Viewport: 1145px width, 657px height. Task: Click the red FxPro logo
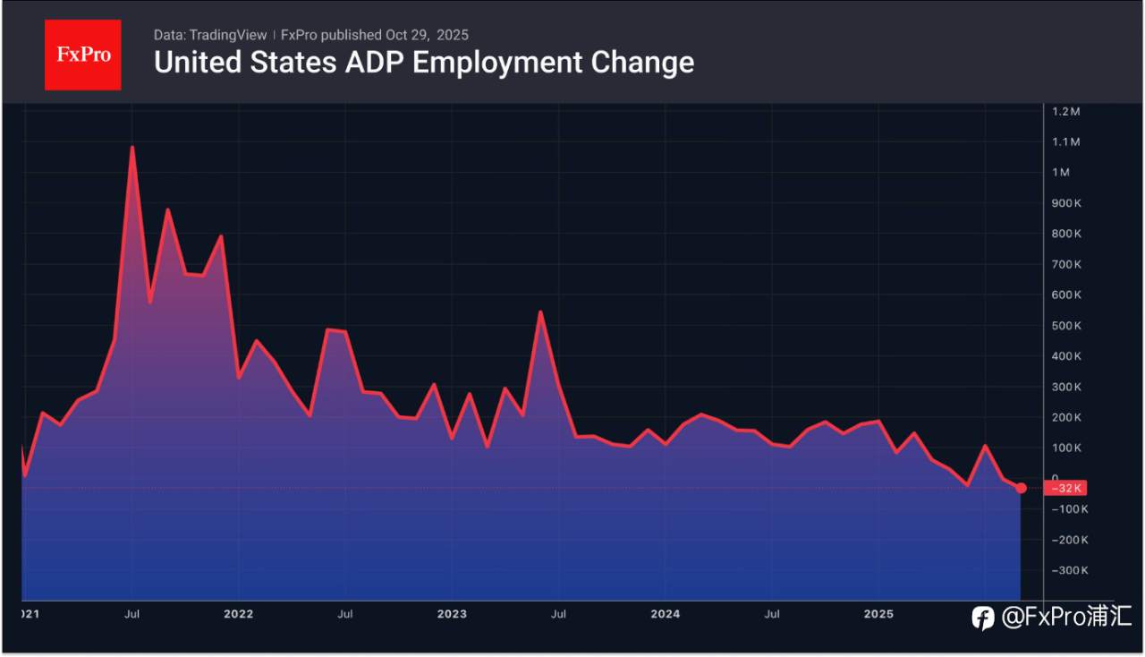click(83, 55)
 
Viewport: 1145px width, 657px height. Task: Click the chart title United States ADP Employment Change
click(424, 63)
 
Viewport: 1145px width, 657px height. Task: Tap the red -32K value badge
click(1065, 489)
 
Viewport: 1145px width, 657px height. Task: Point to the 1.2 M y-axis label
click(1066, 112)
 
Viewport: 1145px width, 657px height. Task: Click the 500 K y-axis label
click(1066, 326)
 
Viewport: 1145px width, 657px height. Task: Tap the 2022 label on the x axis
click(238, 614)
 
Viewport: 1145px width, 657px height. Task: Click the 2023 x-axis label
click(452, 614)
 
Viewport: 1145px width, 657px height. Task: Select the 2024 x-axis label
click(665, 614)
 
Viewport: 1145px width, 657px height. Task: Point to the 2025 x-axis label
click(878, 614)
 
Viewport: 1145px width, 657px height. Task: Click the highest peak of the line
click(132, 147)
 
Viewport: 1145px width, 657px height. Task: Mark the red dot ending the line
click(1022, 488)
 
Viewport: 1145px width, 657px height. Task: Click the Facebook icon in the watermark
click(983, 618)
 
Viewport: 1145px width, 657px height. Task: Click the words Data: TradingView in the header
click(210, 35)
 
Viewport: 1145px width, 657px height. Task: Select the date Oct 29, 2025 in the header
click(427, 35)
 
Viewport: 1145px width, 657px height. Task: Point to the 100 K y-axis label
click(1066, 448)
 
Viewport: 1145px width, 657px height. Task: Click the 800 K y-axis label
click(1066, 234)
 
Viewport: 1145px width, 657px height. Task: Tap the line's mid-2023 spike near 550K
click(540, 312)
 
